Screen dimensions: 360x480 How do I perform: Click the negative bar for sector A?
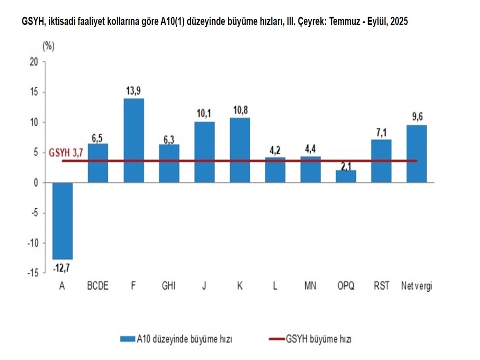coord(62,220)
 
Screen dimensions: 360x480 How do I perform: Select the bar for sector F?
coord(134,140)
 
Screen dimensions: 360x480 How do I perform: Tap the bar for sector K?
coord(240,150)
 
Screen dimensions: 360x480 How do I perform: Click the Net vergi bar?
coord(417,153)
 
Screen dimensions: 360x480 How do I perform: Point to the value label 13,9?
coord(134,91)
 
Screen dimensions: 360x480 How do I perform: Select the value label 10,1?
coord(204,114)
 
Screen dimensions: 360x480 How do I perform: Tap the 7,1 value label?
coord(381,132)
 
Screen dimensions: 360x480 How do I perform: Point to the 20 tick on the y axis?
coord(33,62)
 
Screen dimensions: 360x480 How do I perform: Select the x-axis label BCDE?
coord(98,286)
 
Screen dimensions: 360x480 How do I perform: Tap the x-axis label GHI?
coord(169,286)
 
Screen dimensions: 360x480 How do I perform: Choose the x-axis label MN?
coord(310,286)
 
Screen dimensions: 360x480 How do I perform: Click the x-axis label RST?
coord(381,286)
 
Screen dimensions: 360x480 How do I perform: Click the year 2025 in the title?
coord(398,22)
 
